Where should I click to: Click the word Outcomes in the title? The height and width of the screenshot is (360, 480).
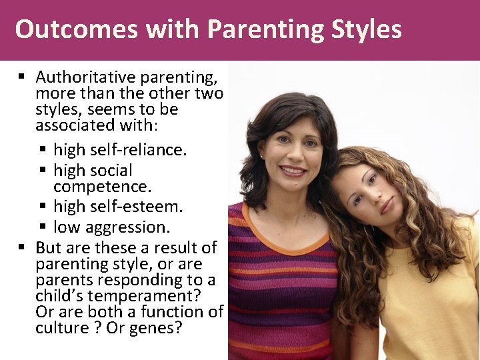pyautogui.click(x=63, y=30)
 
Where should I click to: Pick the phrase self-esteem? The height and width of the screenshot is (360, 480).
pyautogui.click(x=139, y=207)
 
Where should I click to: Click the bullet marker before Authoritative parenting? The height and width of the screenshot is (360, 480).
pyautogui.click(x=22, y=78)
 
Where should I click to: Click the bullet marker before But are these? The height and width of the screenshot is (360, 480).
pyautogui.click(x=22, y=248)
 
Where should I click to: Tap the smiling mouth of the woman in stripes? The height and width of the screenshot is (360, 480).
pyautogui.click(x=293, y=171)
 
